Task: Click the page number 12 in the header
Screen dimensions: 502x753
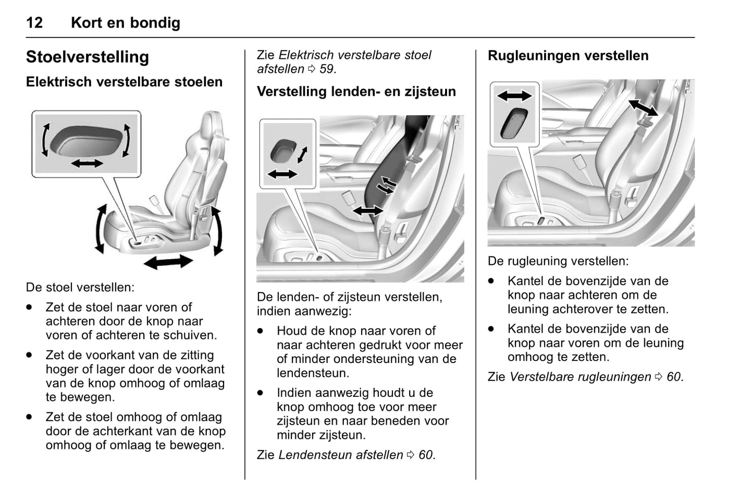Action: tap(34, 23)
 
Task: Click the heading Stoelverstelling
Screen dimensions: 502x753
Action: tap(87, 57)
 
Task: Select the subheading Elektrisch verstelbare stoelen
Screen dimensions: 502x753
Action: tap(124, 82)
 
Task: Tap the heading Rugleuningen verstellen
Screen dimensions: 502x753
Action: tap(568, 56)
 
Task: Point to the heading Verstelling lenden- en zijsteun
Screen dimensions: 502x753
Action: tap(356, 92)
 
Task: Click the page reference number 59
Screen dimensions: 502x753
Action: tap(326, 69)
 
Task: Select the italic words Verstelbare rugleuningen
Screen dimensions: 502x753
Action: tap(580, 377)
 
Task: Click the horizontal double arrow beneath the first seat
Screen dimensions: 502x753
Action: tap(168, 261)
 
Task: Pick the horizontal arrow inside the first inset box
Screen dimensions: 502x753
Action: tap(87, 164)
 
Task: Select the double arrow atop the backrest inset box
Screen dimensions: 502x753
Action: tap(514, 95)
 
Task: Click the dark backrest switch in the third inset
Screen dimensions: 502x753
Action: tap(514, 124)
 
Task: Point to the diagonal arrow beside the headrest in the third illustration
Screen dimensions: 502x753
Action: tap(643, 108)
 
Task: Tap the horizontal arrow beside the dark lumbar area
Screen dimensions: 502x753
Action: tap(368, 211)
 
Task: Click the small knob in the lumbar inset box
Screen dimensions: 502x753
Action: tap(283, 151)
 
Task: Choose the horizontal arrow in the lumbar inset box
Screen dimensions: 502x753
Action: tap(282, 174)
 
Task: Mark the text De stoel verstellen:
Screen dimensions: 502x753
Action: tap(80, 287)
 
